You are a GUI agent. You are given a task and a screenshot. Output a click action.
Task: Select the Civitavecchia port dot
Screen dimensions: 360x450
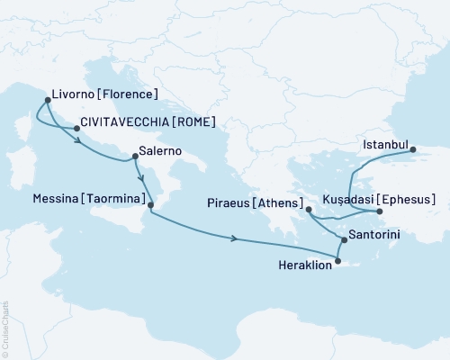[x=76, y=129]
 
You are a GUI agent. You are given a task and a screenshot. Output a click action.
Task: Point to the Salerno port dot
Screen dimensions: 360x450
[x=134, y=159]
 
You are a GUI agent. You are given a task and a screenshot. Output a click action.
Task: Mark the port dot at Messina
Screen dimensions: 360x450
[x=150, y=205]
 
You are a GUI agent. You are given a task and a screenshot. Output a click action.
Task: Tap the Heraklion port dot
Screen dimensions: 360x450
[x=338, y=262]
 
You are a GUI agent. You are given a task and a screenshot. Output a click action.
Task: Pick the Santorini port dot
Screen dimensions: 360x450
[x=344, y=239]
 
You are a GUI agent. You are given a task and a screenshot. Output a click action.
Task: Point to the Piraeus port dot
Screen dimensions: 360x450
[x=309, y=210]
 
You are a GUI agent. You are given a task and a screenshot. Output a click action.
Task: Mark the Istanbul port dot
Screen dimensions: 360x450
[x=413, y=150]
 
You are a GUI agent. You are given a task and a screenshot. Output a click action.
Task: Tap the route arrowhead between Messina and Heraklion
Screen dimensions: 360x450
[x=236, y=238]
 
